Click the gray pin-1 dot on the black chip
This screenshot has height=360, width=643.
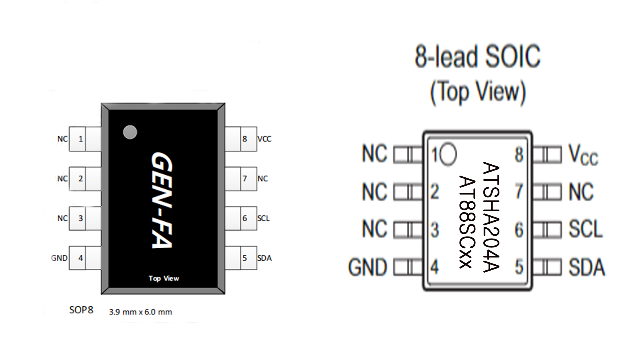[x=130, y=132]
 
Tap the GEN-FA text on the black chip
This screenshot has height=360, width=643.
[x=162, y=200]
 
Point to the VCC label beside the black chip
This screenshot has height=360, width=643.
[x=264, y=139]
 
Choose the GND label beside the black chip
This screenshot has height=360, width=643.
[x=59, y=258]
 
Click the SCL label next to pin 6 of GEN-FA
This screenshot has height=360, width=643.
[x=263, y=218]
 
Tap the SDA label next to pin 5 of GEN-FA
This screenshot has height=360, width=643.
[x=264, y=258]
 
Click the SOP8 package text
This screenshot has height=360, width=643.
[x=81, y=310]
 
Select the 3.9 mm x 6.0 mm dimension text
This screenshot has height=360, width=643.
[x=140, y=312]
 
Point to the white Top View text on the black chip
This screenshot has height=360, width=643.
[x=164, y=278]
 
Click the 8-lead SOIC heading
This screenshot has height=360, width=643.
[x=478, y=56]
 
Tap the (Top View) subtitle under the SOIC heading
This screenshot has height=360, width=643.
[x=478, y=92]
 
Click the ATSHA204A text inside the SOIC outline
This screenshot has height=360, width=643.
[x=491, y=217]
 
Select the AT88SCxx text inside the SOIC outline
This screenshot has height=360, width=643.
[x=467, y=222]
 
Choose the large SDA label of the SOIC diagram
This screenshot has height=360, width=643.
[x=587, y=267]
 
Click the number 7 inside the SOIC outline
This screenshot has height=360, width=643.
[x=519, y=191]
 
